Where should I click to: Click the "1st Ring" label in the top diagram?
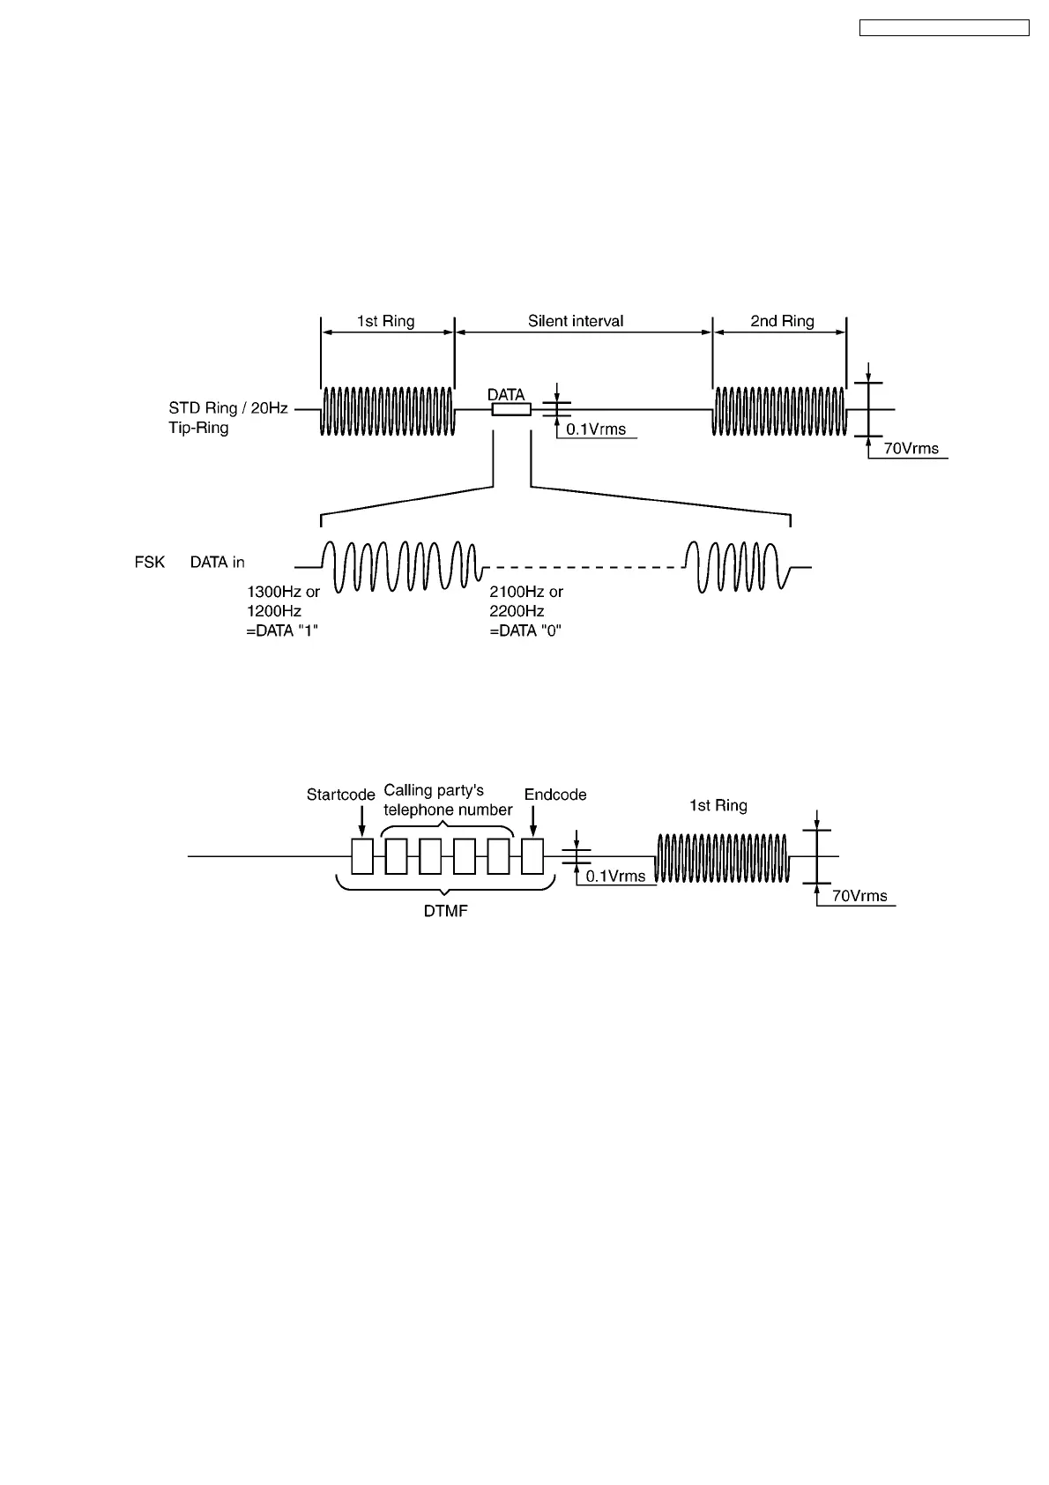pyautogui.click(x=385, y=321)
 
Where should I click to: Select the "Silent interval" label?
pyautogui.click(x=576, y=321)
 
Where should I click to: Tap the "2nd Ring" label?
pyautogui.click(x=782, y=321)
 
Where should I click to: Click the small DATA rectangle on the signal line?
pyautogui.click(x=511, y=410)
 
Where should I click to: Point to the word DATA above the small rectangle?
pyautogui.click(x=507, y=395)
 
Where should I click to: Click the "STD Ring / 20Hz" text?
pyautogui.click(x=228, y=408)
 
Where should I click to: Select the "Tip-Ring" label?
pyautogui.click(x=198, y=428)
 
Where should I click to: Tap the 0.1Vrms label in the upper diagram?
pyautogui.click(x=596, y=429)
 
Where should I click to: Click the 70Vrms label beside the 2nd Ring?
pyautogui.click(x=911, y=449)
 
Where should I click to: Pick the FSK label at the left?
pyautogui.click(x=150, y=562)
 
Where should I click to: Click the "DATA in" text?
pyautogui.click(x=218, y=562)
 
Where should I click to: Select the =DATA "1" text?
pyautogui.click(x=282, y=631)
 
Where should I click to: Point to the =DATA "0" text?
pyautogui.click(x=525, y=631)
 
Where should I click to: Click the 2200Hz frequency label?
pyautogui.click(x=517, y=611)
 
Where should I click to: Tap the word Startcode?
pyautogui.click(x=341, y=795)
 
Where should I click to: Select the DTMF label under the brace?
pyautogui.click(x=446, y=911)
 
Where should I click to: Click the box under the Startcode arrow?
pyautogui.click(x=362, y=856)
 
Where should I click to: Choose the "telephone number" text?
pyautogui.click(x=448, y=810)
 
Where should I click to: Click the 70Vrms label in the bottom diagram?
pyautogui.click(x=859, y=896)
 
